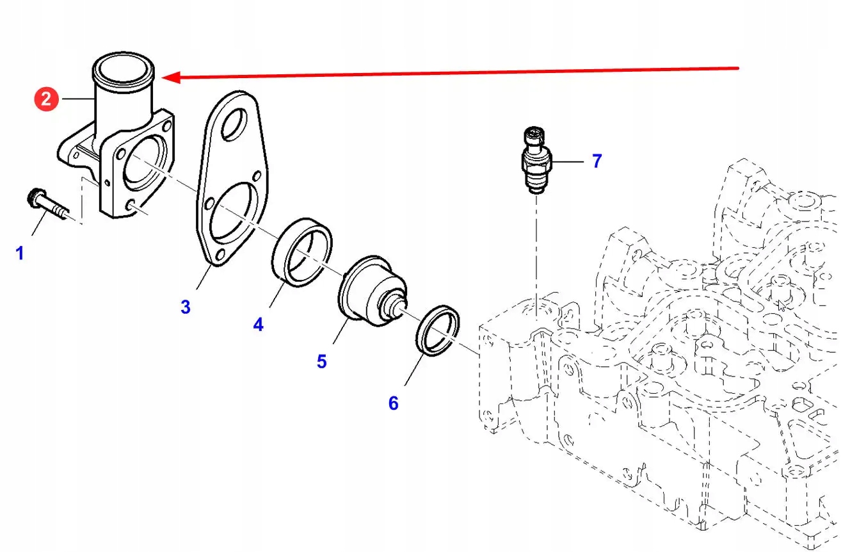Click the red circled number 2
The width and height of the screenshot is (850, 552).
[x=46, y=99]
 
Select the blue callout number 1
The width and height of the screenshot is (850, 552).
[x=19, y=254]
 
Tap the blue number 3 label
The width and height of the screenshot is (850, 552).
[x=185, y=307]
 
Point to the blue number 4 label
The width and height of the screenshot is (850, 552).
[x=258, y=325]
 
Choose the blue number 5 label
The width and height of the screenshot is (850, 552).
[x=321, y=362]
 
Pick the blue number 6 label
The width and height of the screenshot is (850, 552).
[x=393, y=403]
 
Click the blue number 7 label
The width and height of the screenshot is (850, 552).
[x=597, y=161]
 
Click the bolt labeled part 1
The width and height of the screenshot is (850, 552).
[x=47, y=206]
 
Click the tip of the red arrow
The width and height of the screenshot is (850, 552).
[x=164, y=77]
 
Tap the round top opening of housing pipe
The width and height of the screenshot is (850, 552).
[x=125, y=70]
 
